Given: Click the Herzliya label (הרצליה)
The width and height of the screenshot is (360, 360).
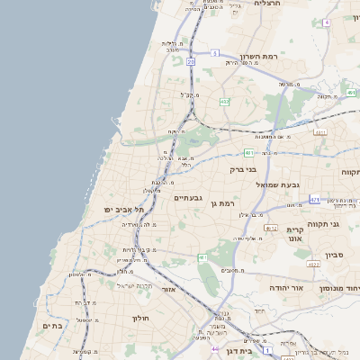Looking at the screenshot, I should [267, 4].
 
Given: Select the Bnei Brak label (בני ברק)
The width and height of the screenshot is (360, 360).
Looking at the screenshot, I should [243, 168].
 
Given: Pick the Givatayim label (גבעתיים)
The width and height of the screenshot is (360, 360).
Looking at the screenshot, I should [188, 197].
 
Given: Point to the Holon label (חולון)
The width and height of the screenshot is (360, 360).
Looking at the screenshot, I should [140, 318].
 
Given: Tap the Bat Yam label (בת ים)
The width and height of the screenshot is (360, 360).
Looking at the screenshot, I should [52, 326].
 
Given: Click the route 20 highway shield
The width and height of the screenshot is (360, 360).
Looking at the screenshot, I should [191, 62].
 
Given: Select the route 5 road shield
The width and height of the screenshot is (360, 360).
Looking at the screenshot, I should [215, 54].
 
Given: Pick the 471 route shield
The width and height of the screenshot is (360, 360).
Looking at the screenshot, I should [314, 199].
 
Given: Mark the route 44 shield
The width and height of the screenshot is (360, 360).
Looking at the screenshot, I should [215, 347].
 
